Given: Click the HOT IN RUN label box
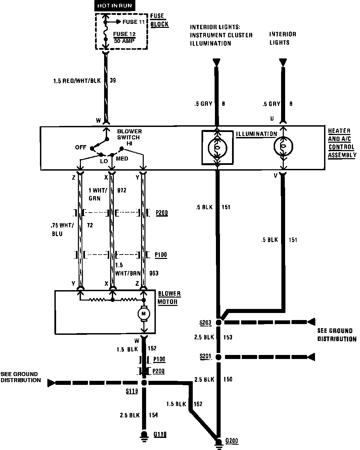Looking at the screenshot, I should click(x=115, y=6).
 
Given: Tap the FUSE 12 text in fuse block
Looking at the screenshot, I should click(x=124, y=34).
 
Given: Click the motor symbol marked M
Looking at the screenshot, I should click(x=144, y=314).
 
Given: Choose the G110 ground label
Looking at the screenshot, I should click(x=160, y=435).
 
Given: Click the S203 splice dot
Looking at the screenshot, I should click(x=219, y=322).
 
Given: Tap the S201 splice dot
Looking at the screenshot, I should click(x=219, y=357).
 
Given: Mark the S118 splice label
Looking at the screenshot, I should click(x=132, y=391).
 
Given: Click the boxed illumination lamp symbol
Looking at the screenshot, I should click(x=217, y=147).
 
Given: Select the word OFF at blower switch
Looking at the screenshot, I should click(x=81, y=147).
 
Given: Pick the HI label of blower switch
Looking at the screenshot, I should click(x=129, y=143).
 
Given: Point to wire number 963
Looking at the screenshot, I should click(x=153, y=273).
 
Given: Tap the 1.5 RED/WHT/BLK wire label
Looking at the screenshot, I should click(x=77, y=81).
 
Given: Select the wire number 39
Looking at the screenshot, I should click(x=113, y=81).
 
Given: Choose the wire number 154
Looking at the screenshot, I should click(x=153, y=415).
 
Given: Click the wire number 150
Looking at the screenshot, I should click(x=227, y=379).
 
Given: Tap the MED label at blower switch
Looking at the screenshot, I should click(x=122, y=159).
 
